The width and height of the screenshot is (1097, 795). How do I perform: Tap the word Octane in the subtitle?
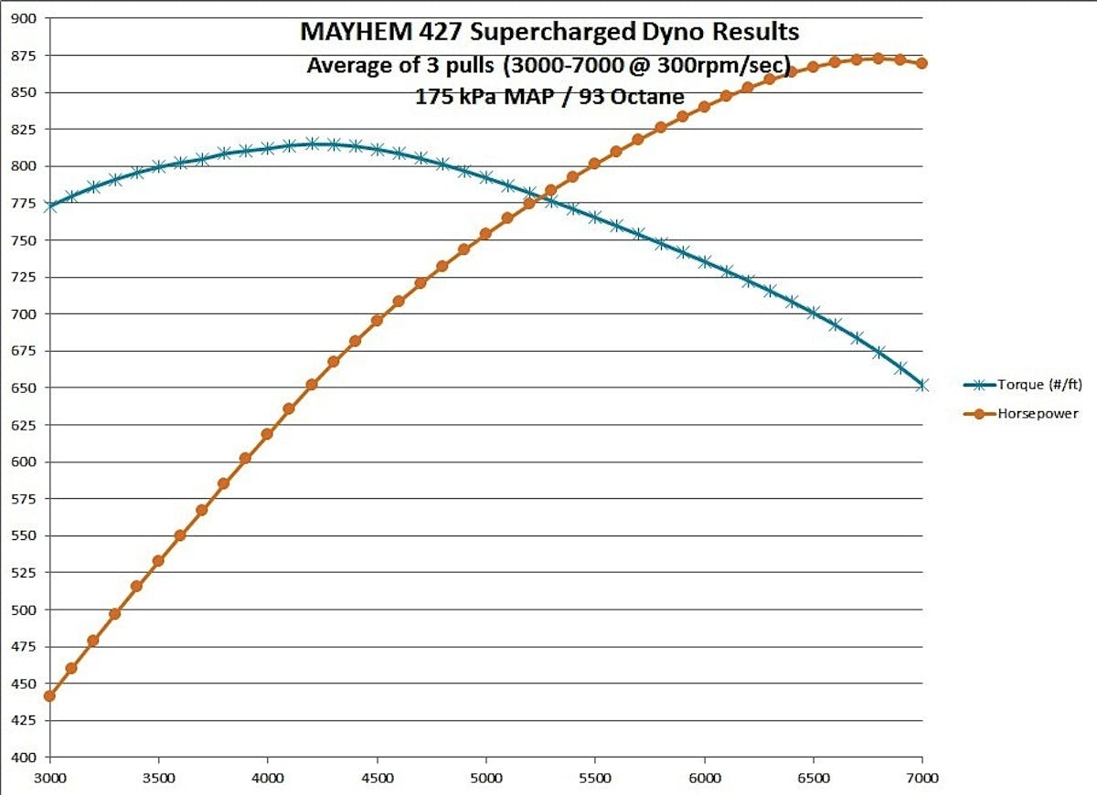click(x=652, y=95)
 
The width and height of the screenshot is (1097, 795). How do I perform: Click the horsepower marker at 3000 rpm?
click(x=49, y=696)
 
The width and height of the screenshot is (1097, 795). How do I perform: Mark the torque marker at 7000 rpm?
click(x=921, y=386)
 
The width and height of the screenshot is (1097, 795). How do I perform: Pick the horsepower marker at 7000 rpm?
click(x=921, y=63)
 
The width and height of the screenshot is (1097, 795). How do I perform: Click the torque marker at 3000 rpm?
click(x=49, y=207)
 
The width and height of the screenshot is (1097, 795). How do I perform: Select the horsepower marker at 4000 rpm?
click(x=267, y=434)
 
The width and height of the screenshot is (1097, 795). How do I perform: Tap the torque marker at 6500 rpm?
click(x=813, y=313)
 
